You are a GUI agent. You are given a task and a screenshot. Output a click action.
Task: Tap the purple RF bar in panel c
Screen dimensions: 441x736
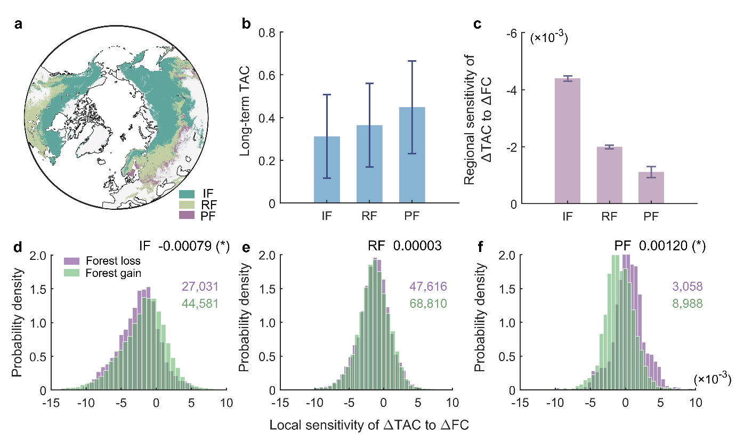pos(609,176)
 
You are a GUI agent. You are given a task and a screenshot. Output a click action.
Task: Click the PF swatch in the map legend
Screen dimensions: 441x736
pos(188,215)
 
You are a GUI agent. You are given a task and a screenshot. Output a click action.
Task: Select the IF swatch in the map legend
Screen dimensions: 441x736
pos(188,194)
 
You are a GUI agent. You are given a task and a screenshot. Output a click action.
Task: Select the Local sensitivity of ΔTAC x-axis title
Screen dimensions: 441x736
pos(368,426)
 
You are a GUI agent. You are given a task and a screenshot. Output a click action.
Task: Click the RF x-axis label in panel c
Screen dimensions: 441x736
pos(609,217)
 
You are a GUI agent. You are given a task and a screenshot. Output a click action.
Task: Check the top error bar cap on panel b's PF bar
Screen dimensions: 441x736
pos(412,61)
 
